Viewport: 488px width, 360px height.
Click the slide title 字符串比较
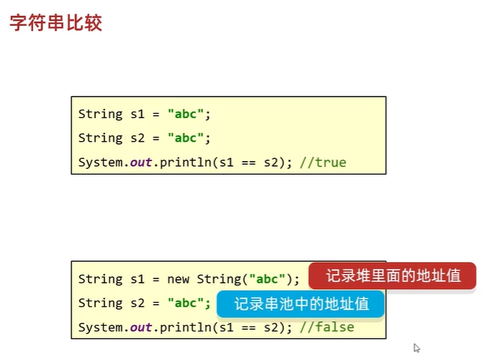[56, 22]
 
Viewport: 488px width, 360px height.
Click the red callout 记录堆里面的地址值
[392, 276]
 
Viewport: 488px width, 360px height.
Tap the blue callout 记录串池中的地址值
[301, 303]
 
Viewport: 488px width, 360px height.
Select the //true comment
[323, 162]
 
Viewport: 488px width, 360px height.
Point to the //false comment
[327, 327]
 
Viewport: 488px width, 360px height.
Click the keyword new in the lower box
[179, 279]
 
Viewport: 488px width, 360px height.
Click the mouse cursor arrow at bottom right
[416, 348]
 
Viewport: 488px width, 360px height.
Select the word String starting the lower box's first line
[100, 279]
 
